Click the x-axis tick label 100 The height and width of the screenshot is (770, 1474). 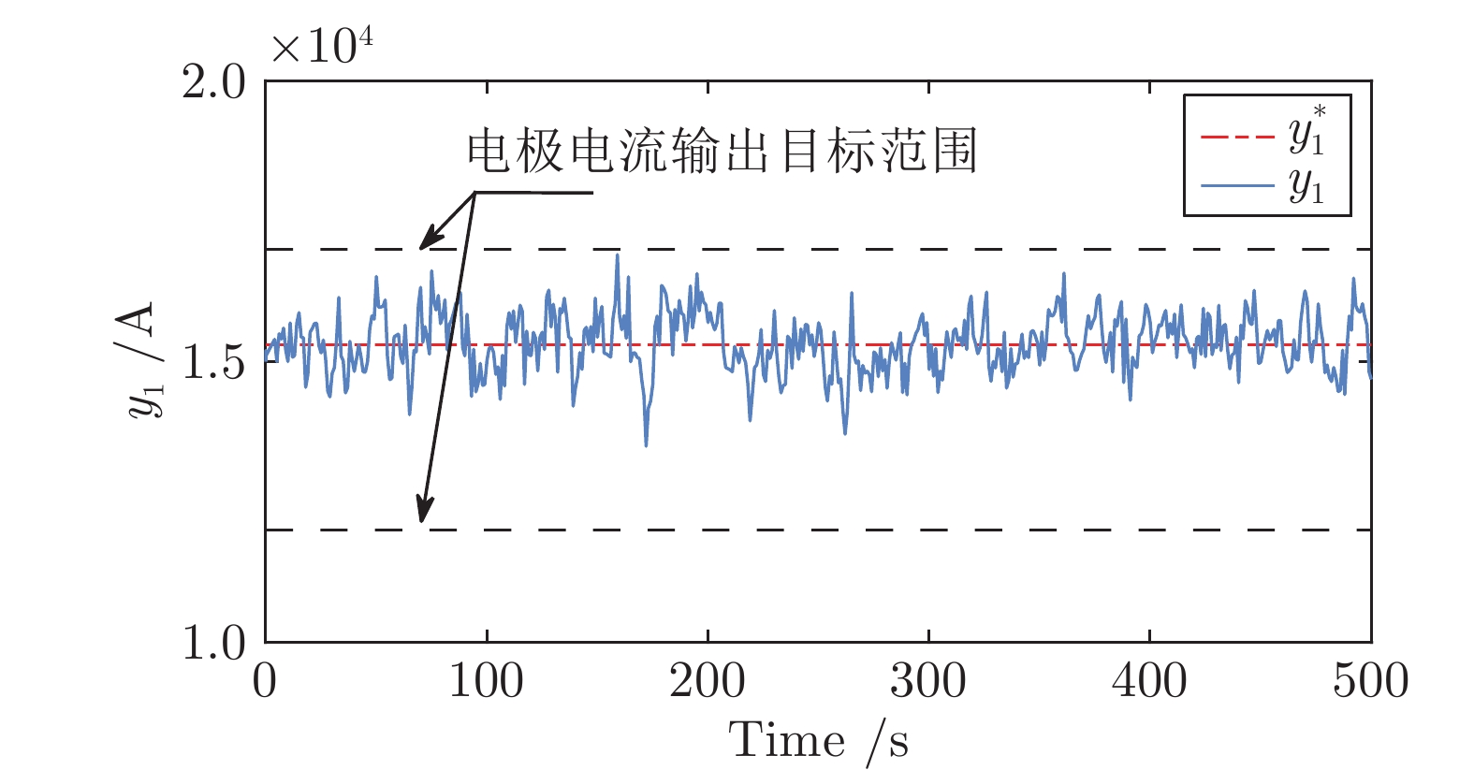click(487, 680)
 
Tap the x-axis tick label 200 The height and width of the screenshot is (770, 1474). click(708, 680)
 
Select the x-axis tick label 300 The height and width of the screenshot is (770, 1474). click(928, 680)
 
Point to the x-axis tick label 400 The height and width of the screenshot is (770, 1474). click(1149, 680)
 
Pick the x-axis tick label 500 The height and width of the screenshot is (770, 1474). click(1371, 680)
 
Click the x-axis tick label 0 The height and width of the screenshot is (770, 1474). click(265, 680)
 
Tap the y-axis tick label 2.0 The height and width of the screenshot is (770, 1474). click(213, 82)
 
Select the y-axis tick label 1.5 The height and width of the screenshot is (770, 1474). click(213, 362)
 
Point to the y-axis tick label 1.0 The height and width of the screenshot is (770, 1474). click(213, 642)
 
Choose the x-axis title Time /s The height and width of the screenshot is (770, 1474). click(818, 740)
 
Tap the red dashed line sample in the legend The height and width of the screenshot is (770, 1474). click(1237, 137)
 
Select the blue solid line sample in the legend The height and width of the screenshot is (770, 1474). click(1237, 185)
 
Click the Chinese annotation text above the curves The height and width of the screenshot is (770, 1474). click(722, 152)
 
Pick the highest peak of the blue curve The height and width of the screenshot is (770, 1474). click(618, 255)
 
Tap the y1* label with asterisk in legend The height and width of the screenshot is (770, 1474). click(1306, 130)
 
